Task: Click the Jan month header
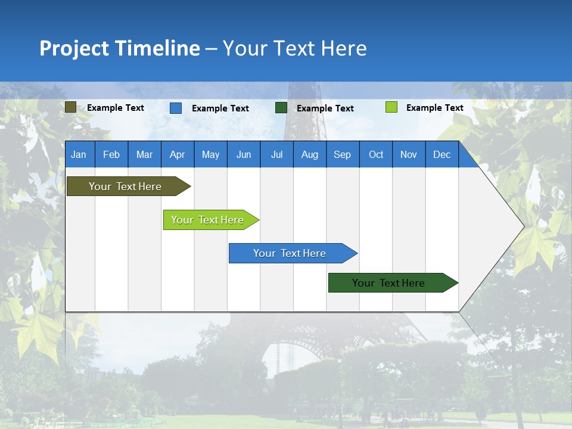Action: click(x=79, y=154)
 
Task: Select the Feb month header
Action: click(x=111, y=154)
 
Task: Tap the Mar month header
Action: click(x=144, y=154)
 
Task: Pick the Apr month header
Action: click(x=178, y=154)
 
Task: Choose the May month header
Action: click(x=210, y=154)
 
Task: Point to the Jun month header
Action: click(x=244, y=154)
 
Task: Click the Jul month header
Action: click(x=276, y=154)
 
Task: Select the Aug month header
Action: click(x=310, y=154)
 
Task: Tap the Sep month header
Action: click(x=343, y=154)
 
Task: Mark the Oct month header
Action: click(x=376, y=154)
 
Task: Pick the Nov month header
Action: click(x=409, y=154)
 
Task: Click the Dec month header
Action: click(x=442, y=154)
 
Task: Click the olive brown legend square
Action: click(x=71, y=107)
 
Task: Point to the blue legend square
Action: click(x=176, y=108)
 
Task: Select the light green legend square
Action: click(x=391, y=107)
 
